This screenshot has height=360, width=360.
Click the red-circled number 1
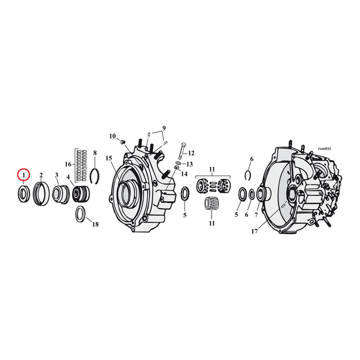23,175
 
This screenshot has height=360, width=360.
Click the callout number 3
56,175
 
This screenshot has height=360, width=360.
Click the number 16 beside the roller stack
68,164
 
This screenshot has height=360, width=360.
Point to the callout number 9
164,128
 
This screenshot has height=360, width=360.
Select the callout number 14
184,174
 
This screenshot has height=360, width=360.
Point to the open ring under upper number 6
249,176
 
